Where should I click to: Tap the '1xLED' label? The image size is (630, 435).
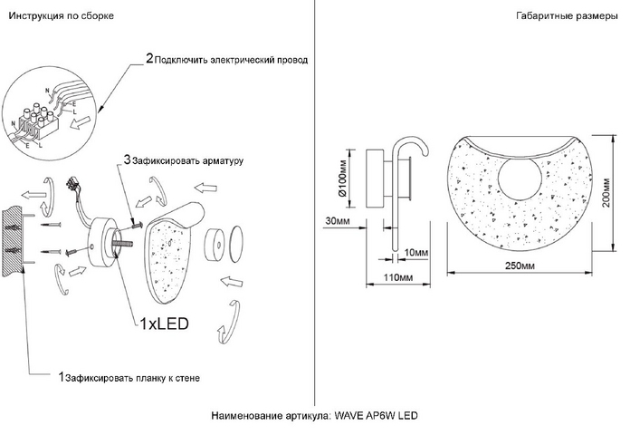[x=164, y=322]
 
